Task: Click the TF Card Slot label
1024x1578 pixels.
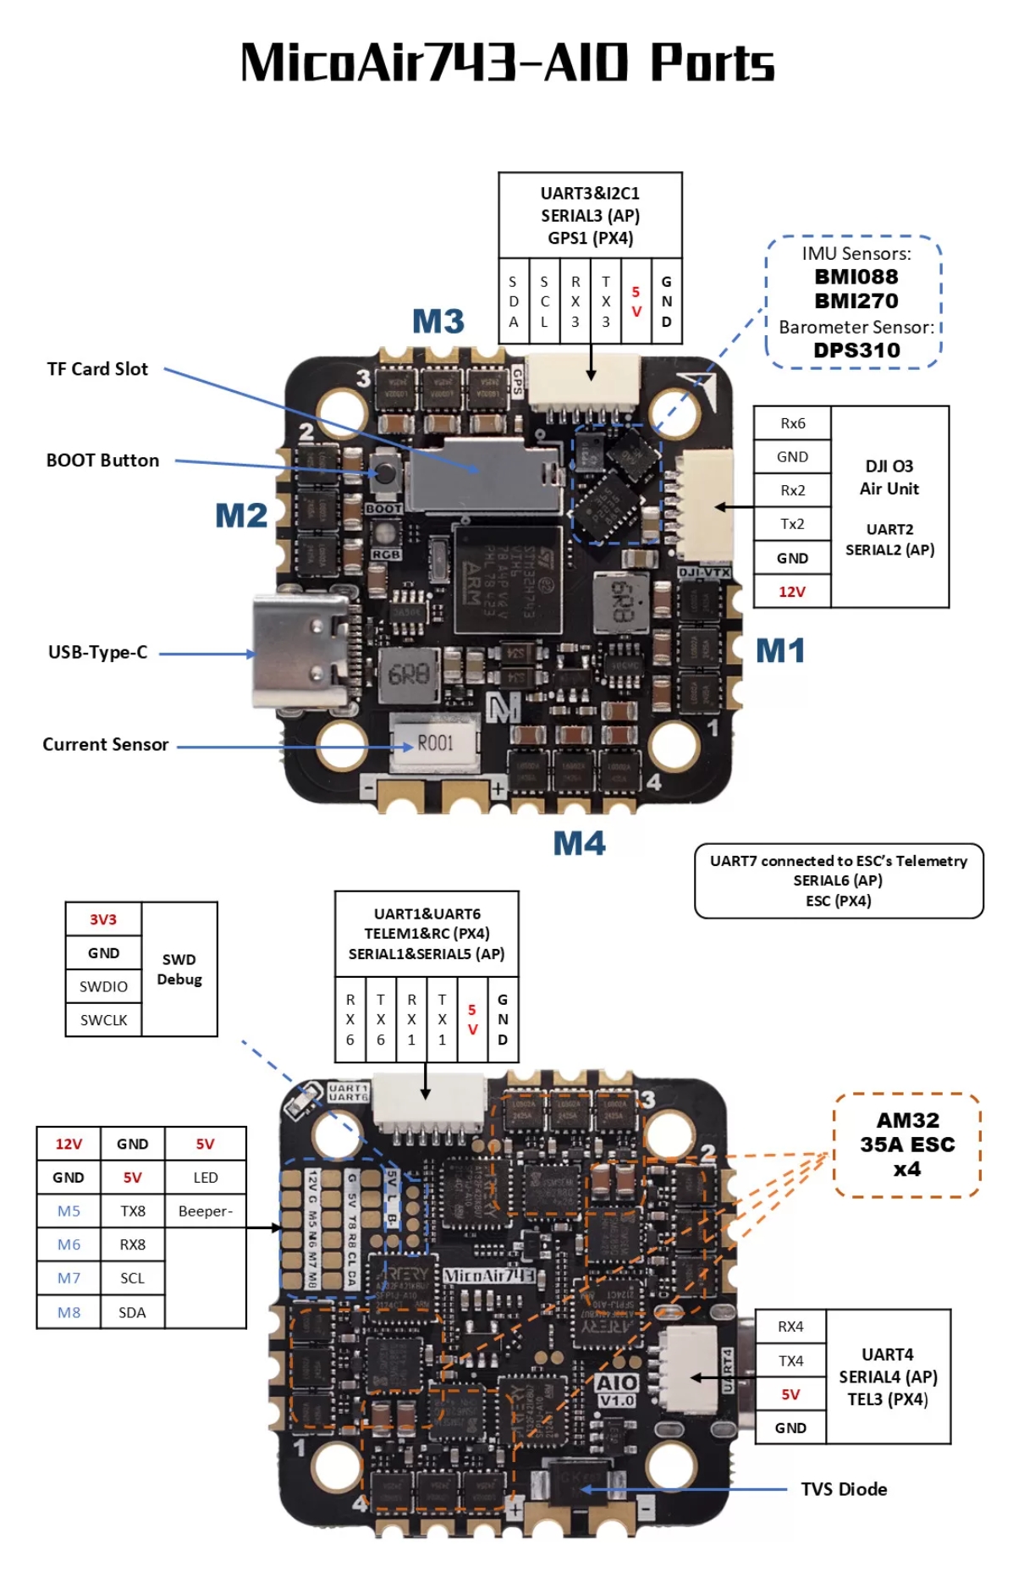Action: coord(97,369)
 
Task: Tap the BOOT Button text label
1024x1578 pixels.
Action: coord(102,461)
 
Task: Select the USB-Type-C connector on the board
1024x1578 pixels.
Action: coord(301,653)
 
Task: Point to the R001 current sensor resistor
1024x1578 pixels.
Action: coord(435,743)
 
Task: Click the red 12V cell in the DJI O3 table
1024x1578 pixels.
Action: coord(792,592)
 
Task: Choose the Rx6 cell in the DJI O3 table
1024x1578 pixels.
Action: coord(792,423)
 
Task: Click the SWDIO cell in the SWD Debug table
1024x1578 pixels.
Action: coord(103,986)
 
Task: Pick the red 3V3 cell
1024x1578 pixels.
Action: coord(103,919)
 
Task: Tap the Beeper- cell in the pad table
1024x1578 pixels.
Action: coord(205,1211)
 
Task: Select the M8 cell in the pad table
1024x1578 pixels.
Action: coord(69,1312)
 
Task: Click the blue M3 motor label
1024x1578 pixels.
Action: coord(438,322)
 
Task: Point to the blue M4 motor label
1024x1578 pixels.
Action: coord(579,843)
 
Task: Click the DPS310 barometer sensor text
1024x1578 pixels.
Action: coord(856,350)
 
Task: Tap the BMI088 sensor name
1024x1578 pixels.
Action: coord(856,277)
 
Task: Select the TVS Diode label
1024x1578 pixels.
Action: coord(844,1489)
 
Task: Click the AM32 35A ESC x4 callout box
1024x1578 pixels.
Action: coord(907,1145)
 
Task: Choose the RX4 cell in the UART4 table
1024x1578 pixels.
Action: coord(790,1327)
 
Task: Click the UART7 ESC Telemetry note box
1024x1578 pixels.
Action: coord(839,880)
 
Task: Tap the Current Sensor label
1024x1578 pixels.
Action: coord(106,745)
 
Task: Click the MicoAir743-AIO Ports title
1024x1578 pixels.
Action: coord(508,63)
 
